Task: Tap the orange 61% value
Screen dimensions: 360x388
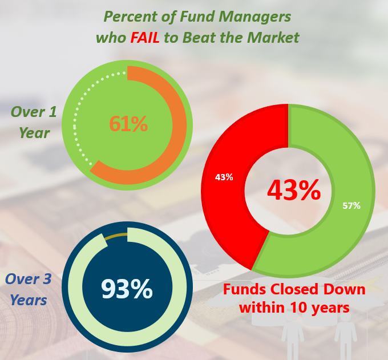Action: [128, 123]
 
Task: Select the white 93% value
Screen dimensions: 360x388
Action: [127, 289]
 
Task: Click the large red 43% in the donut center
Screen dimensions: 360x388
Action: [294, 191]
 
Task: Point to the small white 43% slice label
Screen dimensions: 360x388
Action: [224, 177]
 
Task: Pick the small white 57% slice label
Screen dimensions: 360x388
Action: [351, 205]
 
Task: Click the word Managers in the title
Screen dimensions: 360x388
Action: [260, 15]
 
